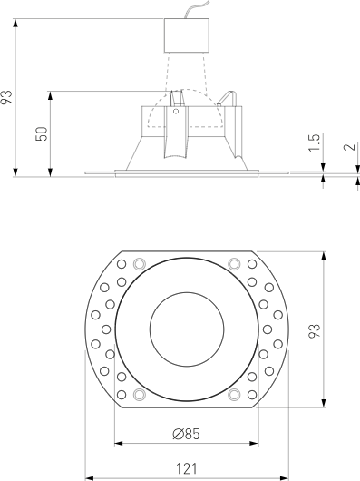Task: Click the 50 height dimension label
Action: click(x=41, y=133)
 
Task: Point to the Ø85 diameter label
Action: click(x=186, y=434)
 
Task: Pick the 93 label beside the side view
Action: click(x=8, y=97)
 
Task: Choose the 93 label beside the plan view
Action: click(x=314, y=329)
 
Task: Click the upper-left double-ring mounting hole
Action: click(x=138, y=264)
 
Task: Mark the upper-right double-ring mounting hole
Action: click(x=234, y=264)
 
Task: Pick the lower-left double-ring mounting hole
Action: click(x=138, y=395)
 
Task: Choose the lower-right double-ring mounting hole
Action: click(x=234, y=395)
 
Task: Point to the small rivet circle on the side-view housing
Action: click(x=176, y=111)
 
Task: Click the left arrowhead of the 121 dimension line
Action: click(x=89, y=476)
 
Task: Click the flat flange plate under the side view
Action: click(x=186, y=172)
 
